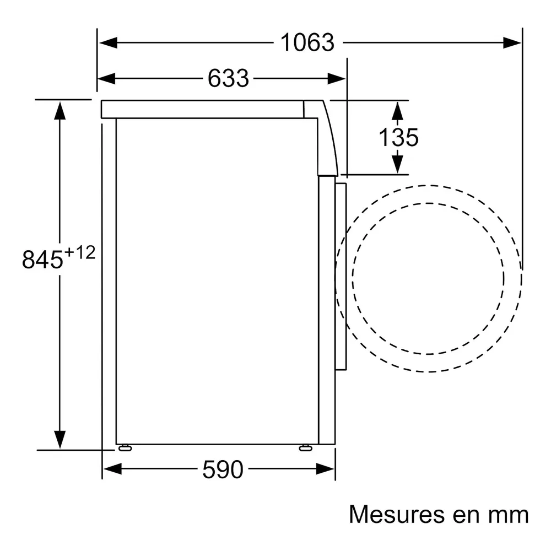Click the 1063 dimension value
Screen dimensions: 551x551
[307, 42]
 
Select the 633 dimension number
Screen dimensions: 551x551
[228, 78]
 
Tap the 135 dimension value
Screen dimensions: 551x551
[398, 137]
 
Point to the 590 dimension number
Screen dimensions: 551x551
[223, 469]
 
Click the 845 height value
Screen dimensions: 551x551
[42, 260]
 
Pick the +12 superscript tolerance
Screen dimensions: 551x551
[80, 252]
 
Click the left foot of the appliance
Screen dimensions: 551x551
[125, 447]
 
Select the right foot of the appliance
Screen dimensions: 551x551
[305, 447]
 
